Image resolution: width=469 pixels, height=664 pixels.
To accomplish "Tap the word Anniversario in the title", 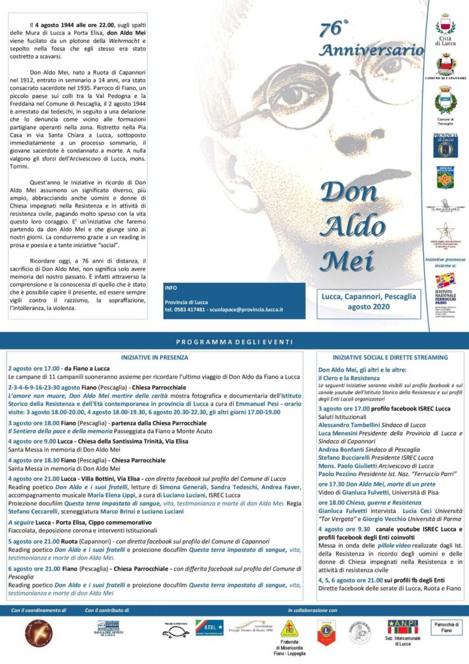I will tap(372, 51).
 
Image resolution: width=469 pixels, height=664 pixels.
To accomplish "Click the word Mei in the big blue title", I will tap(347, 259).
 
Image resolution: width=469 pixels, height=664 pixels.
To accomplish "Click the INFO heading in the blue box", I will tap(170, 287).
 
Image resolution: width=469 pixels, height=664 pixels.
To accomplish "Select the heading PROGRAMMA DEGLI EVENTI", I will tap(234, 341).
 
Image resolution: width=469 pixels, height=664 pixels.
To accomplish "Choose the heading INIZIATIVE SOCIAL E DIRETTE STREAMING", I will tap(390, 357).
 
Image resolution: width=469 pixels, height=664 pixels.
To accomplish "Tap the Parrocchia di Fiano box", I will tap(447, 626).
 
